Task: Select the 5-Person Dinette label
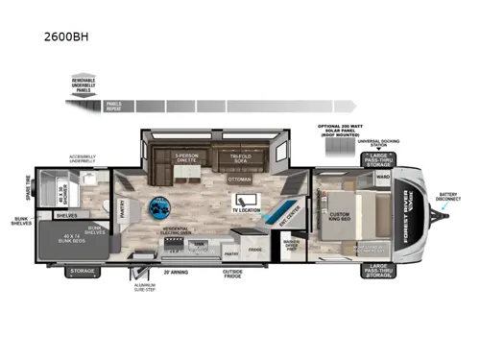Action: pos(189,158)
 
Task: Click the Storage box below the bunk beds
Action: pos(80,272)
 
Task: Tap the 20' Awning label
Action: pos(175,271)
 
